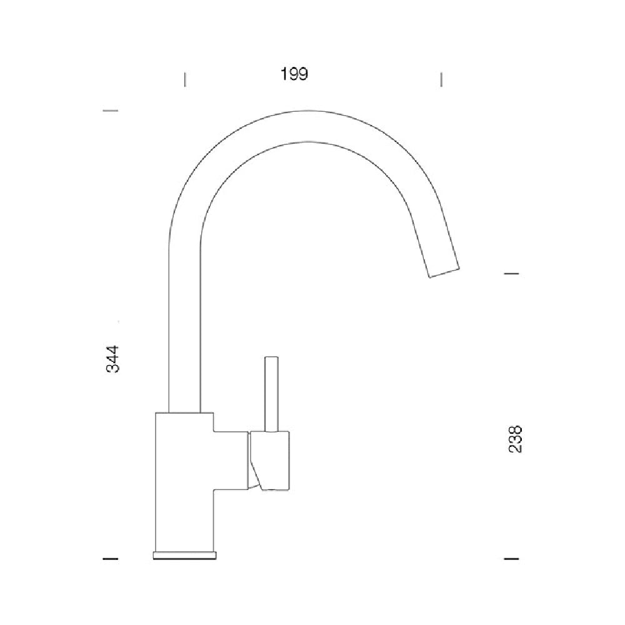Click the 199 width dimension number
294,74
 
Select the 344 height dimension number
112,359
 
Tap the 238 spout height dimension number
515,439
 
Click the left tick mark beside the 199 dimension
185,79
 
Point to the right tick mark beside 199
442,79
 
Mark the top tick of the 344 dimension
111,110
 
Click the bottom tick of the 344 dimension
111,558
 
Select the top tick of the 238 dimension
512,274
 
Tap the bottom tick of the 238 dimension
512,558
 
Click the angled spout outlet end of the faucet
444,272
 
